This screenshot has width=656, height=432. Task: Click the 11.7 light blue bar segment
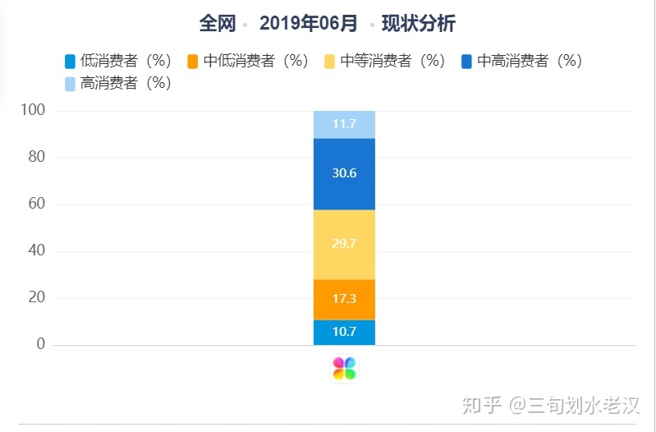[x=344, y=124]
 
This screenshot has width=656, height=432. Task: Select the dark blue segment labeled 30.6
[x=344, y=173]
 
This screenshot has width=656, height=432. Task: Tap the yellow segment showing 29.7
[x=344, y=245]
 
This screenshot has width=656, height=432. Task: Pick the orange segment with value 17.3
[x=344, y=299]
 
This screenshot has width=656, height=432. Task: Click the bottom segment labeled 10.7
[x=344, y=332]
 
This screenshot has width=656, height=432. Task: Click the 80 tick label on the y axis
[x=36, y=157]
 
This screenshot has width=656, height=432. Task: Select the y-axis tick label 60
[x=36, y=204]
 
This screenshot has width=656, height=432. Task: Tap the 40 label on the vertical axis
[x=36, y=251]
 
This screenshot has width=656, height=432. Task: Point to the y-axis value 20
[x=36, y=297]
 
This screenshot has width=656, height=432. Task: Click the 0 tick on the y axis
[x=40, y=344]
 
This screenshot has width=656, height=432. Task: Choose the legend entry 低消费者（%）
[x=117, y=61]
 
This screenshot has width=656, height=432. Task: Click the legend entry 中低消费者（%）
[x=247, y=61]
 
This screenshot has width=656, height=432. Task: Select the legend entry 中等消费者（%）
[x=384, y=61]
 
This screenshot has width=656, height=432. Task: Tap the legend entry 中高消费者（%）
[x=521, y=61]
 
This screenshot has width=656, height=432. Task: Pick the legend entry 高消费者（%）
[x=117, y=83]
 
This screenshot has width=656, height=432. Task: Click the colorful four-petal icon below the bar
[x=344, y=369]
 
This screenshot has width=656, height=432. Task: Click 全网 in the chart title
[x=218, y=24]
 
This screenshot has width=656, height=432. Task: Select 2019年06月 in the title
[x=309, y=24]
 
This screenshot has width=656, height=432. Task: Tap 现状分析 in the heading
[x=418, y=24]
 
